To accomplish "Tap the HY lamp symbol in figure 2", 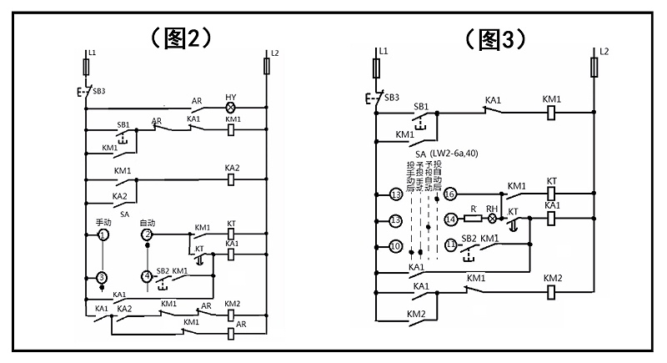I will (231, 108).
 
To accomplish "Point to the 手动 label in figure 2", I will (103, 223).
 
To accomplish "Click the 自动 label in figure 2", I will (148, 223).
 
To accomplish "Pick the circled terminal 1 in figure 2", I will (103, 236).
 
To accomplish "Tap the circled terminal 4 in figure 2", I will (148, 276).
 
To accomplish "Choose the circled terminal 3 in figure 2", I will (103, 277).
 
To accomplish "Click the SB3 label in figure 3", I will (392, 97).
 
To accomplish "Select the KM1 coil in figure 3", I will (551, 112).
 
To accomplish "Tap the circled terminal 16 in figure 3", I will (450, 194).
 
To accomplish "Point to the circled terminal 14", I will (450, 219).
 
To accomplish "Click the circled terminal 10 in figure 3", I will (396, 246).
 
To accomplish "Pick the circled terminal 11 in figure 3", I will (450, 245).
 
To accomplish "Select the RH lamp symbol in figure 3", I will (492, 219).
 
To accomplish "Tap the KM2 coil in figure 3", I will (552, 292).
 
